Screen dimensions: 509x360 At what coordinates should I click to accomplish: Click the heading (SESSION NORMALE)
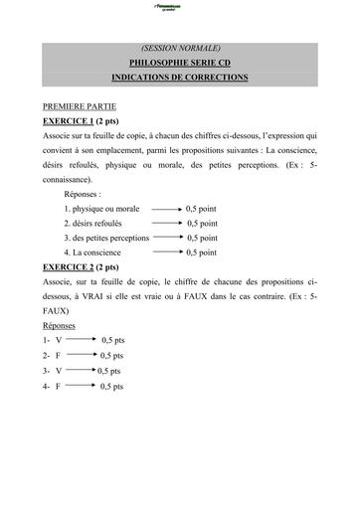180,47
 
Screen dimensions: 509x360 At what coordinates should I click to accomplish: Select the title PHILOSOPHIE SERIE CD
180,62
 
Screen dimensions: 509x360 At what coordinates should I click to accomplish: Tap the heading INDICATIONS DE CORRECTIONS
180,77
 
